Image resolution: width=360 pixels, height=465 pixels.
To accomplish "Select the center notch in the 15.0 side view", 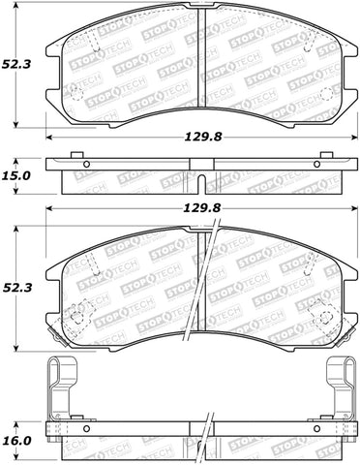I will pyautogui.click(x=199, y=182).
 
